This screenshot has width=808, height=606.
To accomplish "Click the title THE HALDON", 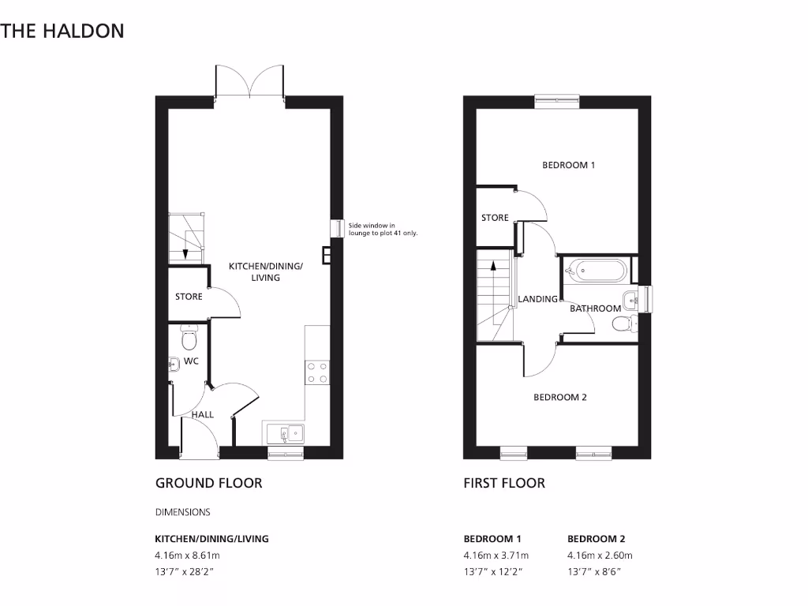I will (62, 32).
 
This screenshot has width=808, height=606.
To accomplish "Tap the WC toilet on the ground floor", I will (189, 339).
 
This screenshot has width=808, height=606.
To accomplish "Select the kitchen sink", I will (285, 433).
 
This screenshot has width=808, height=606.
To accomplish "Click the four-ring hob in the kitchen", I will (317, 372).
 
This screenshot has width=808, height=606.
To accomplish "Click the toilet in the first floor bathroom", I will (623, 321).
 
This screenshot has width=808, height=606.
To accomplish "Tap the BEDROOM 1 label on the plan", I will (568, 166).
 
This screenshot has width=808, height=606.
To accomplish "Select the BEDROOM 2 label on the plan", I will (560, 398).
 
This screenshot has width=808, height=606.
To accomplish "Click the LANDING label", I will (537, 299).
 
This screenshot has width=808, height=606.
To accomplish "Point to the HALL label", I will (203, 414).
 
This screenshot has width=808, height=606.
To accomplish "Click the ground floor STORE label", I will (189, 297).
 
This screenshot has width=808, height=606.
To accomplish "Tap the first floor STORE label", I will (495, 218).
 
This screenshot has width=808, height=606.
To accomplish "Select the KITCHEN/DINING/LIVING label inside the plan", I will (266, 272).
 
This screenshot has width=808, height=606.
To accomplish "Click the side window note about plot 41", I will (383, 230).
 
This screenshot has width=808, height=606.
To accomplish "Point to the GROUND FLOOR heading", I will (208, 483).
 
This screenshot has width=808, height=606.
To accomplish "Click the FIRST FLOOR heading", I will (503, 483).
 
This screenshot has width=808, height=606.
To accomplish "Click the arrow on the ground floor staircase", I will (185, 252).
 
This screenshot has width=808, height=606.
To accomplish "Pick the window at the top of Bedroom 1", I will (556, 100).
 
